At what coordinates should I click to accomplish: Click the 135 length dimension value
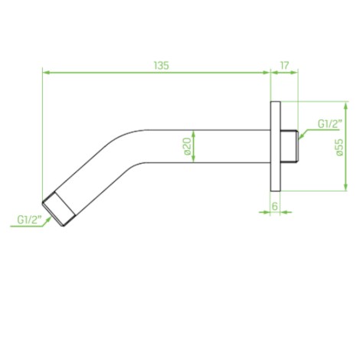[x=162, y=66]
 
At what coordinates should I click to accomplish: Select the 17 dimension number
[x=284, y=66]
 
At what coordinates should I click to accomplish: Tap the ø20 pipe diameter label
[x=187, y=146]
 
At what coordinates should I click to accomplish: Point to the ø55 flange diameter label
[x=339, y=147]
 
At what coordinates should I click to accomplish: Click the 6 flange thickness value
[x=275, y=206]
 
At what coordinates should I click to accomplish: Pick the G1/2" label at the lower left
[x=29, y=220]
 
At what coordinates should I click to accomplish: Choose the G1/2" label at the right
[x=329, y=124]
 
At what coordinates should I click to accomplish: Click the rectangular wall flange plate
[x=275, y=146]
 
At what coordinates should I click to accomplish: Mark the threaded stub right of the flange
[x=290, y=146]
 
